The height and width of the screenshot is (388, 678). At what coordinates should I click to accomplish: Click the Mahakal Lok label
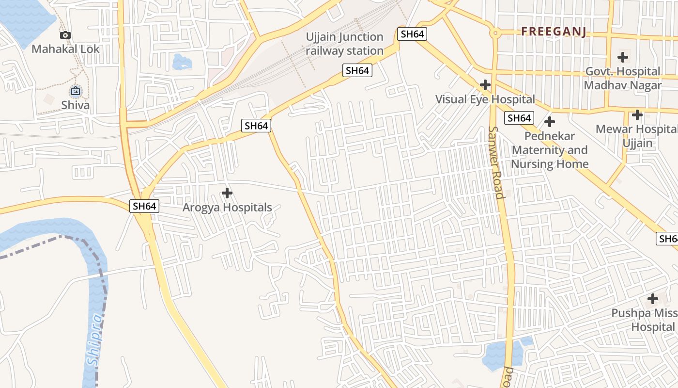pyautogui.click(x=65, y=49)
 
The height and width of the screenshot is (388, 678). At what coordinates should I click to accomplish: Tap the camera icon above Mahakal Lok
pyautogui.click(x=65, y=35)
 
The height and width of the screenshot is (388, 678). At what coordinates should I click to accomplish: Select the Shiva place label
pyautogui.click(x=75, y=105)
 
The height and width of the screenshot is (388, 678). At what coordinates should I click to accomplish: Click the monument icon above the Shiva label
pyautogui.click(x=76, y=91)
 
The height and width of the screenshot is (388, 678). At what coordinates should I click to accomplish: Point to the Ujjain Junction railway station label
pyautogui.click(x=344, y=44)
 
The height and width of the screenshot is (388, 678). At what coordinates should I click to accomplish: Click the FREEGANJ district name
pyautogui.click(x=554, y=32)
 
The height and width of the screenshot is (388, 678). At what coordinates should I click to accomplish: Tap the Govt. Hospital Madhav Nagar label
pyautogui.click(x=622, y=78)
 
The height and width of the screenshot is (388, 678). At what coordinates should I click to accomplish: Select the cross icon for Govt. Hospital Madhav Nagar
pyautogui.click(x=623, y=57)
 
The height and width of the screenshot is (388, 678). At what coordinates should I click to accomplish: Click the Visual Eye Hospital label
pyautogui.click(x=485, y=99)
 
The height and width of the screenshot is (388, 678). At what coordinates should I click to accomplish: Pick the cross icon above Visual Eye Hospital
pyautogui.click(x=485, y=85)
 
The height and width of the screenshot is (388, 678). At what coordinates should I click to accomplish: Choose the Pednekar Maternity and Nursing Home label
pyautogui.click(x=550, y=150)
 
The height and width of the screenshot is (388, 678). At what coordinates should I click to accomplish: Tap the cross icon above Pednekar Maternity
pyautogui.click(x=550, y=121)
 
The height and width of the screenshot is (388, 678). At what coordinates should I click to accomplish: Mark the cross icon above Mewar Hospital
pyautogui.click(x=637, y=115)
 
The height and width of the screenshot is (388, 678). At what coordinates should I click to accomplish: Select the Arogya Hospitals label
pyautogui.click(x=227, y=208)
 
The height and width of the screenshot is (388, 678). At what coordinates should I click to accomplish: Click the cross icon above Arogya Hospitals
pyautogui.click(x=227, y=194)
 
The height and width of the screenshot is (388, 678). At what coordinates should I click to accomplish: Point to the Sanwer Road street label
pyautogui.click(x=497, y=162)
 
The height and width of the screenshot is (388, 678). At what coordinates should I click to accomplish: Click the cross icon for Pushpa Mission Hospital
pyautogui.click(x=653, y=298)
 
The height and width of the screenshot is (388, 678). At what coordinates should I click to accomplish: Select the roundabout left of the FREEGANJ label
pyautogui.click(x=495, y=33)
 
